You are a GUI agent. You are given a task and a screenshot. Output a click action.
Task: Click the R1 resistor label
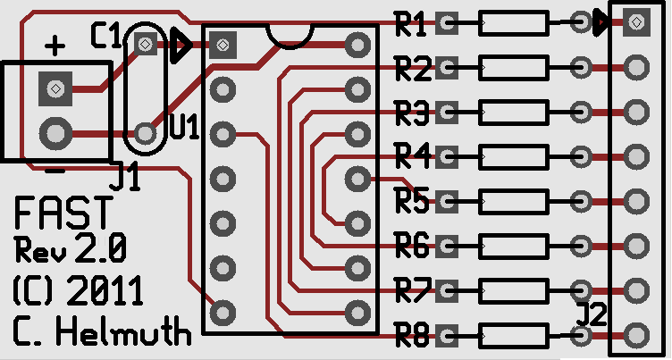click(x=410, y=25)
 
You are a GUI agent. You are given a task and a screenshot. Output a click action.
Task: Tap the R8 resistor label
click(x=411, y=336)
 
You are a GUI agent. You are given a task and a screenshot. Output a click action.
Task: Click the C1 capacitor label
click(x=105, y=36)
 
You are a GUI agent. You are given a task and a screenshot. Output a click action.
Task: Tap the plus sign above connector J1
click(x=55, y=46)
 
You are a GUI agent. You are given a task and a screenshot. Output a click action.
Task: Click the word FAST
click(x=63, y=212)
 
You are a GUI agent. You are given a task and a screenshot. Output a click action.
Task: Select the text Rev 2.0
click(x=71, y=248)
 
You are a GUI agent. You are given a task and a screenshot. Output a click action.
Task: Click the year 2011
click(x=105, y=290)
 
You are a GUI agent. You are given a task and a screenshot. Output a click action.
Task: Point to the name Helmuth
click(x=123, y=331)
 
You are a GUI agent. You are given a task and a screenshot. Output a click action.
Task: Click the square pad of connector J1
click(x=55, y=88)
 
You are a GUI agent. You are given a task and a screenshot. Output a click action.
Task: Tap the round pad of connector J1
click(x=55, y=134)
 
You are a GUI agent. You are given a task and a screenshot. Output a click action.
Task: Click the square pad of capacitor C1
click(x=146, y=43)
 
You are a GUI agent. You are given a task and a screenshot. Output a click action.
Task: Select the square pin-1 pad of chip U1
click(x=223, y=45)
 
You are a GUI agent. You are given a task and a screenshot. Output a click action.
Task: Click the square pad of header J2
click(x=637, y=21)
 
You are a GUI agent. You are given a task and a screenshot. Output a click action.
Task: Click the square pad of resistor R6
click(x=447, y=246)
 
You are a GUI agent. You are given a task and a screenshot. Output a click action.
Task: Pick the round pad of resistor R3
click(x=581, y=113)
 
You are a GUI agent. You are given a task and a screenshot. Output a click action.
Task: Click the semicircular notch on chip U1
click(x=290, y=45)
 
